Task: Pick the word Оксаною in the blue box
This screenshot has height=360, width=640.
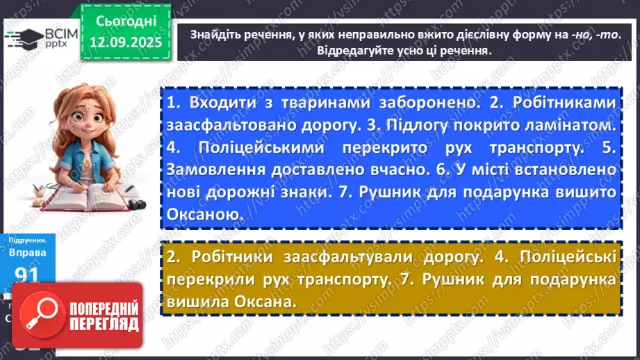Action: pyautogui.click(x=204, y=215)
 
